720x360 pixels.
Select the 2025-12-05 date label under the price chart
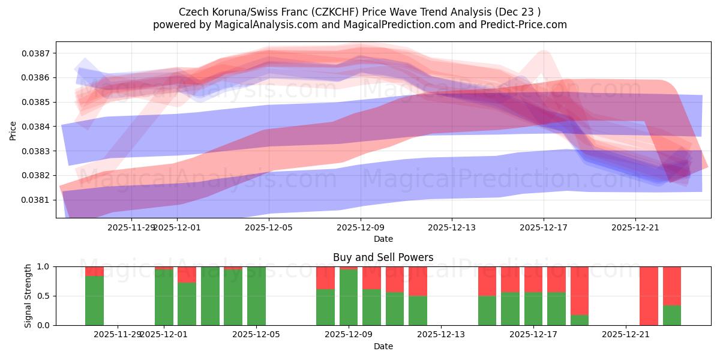click(x=268, y=227)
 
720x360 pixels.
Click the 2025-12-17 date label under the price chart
click(x=543, y=227)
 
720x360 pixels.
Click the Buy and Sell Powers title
click(x=383, y=257)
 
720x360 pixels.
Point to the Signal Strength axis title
click(x=28, y=295)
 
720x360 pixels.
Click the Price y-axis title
click(x=13, y=130)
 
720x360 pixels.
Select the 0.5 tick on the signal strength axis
click(x=46, y=296)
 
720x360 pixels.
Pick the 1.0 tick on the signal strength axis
click(x=46, y=266)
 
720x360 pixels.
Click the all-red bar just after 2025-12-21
click(x=649, y=296)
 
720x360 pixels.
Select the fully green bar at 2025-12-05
click(x=256, y=296)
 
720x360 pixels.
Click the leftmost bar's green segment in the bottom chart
click(x=94, y=301)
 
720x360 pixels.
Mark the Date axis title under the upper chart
click(x=383, y=239)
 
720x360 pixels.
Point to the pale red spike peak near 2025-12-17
click(x=544, y=55)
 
